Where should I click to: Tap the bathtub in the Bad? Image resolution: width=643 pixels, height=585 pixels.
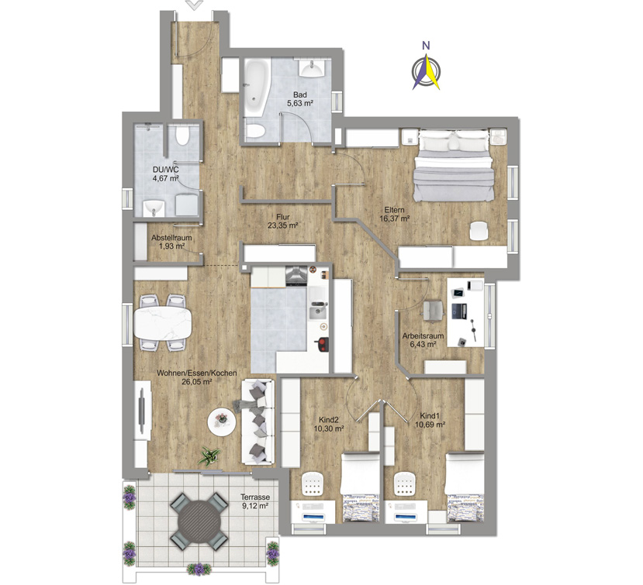coord(256,87)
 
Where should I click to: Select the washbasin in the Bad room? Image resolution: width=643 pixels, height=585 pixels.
coord(313,68)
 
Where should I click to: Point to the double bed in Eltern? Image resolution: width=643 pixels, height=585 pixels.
coord(452,166)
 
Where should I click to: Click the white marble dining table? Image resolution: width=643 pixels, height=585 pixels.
coord(162,323)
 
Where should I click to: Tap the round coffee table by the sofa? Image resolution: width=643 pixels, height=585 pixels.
coord(222,422)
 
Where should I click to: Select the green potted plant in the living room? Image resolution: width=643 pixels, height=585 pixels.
coord(209,456)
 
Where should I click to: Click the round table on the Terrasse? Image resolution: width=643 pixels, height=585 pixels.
coord(199,521)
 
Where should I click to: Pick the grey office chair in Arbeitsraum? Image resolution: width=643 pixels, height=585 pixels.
coord(433,310)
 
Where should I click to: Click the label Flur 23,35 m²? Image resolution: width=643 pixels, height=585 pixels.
coord(282,222)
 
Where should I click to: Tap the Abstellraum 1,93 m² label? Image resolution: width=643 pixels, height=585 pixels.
coord(171,242)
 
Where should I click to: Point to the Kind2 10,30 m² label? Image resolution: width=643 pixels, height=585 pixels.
coord(328,425)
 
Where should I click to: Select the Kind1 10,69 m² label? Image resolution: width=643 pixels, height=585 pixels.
coord(430,420)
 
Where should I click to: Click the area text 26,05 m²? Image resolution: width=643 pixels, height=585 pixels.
coord(196,382)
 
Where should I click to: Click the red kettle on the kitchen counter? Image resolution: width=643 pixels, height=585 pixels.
coord(323,345)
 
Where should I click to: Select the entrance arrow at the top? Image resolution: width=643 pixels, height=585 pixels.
coord(195,5)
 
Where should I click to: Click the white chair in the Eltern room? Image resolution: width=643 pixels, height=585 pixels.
coord(479,231)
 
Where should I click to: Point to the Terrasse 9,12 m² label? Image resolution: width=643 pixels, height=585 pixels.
coord(255,501)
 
